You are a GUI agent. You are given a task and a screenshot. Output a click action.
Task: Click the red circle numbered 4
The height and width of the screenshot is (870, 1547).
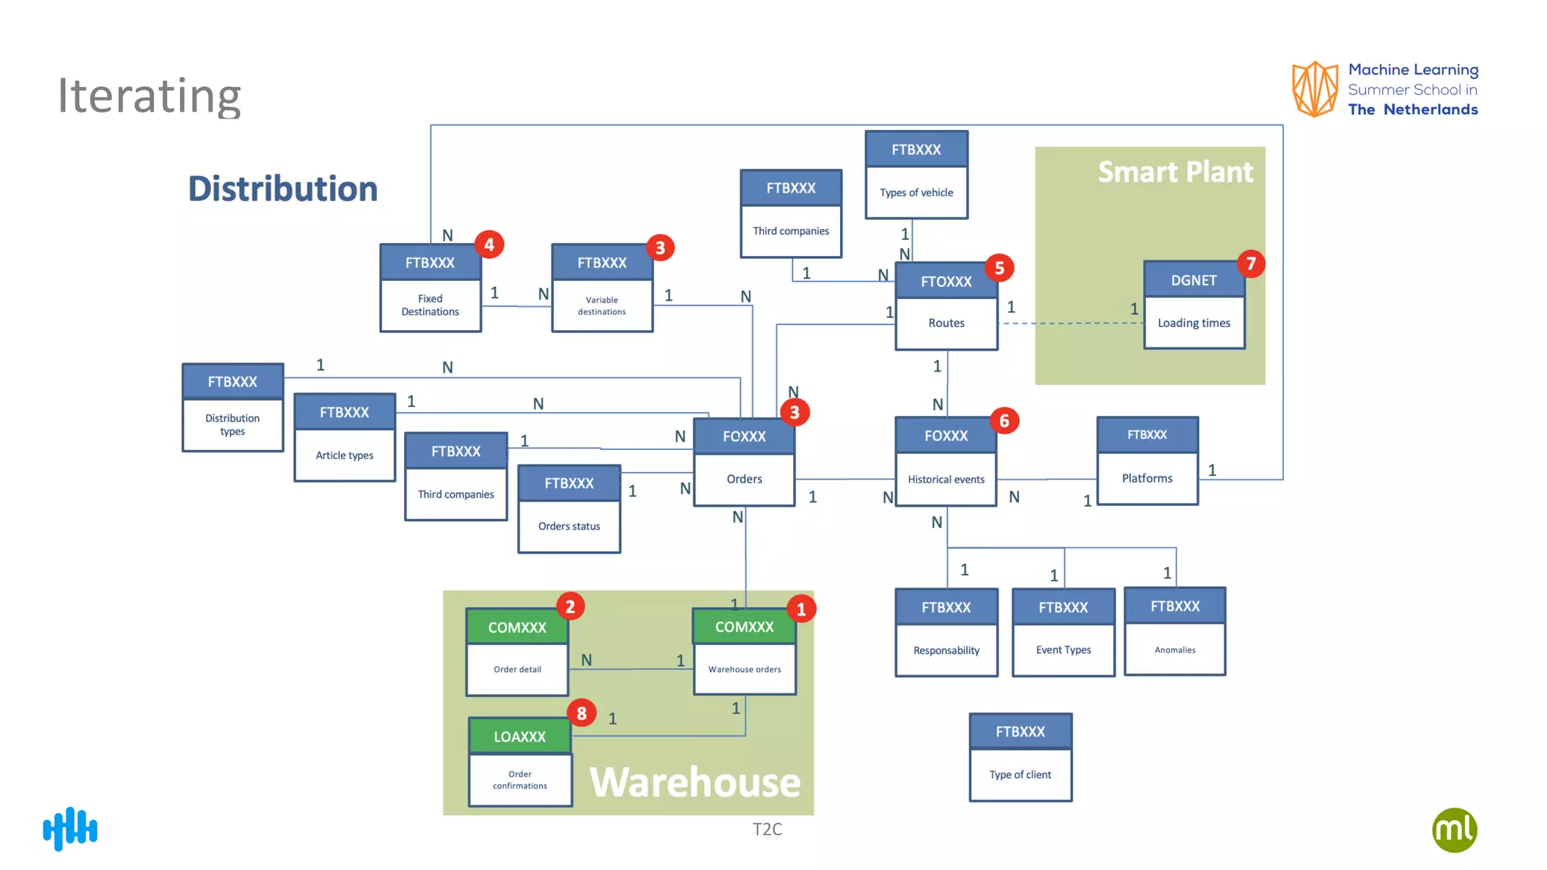point(489,245)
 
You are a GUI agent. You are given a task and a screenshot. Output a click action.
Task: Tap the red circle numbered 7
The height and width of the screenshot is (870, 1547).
point(1251,264)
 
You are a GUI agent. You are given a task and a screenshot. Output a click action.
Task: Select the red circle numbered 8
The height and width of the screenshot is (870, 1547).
point(582,713)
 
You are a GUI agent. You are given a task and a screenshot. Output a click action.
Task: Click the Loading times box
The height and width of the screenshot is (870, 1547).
point(1193,323)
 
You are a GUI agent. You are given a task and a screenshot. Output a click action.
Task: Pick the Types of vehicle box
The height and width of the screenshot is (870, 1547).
point(916,193)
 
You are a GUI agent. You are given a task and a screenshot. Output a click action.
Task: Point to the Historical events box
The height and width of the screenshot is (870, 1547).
point(946,480)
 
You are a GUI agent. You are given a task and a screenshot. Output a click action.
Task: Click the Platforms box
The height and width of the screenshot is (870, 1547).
point(1147,478)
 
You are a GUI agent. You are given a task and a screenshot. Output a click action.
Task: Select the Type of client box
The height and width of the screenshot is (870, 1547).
point(1020,775)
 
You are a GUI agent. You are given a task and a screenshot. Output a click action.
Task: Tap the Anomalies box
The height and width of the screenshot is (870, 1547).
point(1175,649)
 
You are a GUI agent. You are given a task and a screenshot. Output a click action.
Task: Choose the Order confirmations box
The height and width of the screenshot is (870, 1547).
point(520,780)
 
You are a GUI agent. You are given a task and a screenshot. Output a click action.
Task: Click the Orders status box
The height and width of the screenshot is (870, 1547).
point(569,526)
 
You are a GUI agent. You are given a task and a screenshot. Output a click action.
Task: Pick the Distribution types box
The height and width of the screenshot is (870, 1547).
point(233,424)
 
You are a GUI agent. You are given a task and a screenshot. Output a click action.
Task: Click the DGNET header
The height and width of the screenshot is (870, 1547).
point(1193,280)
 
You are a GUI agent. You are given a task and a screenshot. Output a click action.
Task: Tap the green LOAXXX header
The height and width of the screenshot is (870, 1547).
point(520,736)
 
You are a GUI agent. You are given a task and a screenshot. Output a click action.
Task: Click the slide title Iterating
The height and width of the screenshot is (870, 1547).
point(150,96)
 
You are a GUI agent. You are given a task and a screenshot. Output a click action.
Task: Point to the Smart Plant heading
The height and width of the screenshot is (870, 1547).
point(1175,172)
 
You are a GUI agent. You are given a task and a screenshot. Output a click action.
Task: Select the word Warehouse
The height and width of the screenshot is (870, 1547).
point(694,782)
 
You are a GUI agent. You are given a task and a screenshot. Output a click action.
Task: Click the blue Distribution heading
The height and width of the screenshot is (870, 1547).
point(283,189)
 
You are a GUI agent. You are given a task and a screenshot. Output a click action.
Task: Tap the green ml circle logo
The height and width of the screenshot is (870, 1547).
point(1454,830)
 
